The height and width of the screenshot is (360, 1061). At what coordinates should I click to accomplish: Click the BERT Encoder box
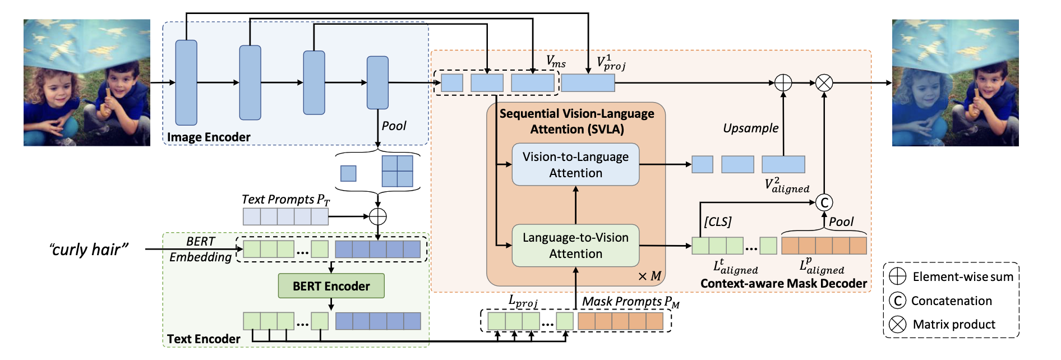(x=331, y=286)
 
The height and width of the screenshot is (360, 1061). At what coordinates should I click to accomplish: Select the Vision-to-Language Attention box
(x=575, y=165)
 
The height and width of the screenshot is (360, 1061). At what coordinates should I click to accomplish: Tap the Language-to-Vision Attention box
(x=575, y=246)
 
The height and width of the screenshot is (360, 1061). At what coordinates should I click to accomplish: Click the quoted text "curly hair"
(x=89, y=250)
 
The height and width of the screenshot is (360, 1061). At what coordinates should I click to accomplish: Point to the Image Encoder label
(x=209, y=137)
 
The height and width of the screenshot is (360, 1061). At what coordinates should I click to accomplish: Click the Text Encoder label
(x=204, y=339)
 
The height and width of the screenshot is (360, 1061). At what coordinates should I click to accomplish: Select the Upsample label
(x=750, y=128)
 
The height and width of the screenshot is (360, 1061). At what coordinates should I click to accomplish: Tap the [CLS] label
(x=718, y=221)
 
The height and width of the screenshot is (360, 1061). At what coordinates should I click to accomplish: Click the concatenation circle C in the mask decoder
(x=824, y=202)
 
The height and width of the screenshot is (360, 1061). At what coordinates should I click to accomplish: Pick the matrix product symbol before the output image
(x=824, y=83)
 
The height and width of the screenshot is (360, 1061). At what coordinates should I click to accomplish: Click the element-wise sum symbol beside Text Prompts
(x=378, y=216)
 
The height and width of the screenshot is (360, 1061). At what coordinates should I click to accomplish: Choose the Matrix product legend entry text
(x=954, y=324)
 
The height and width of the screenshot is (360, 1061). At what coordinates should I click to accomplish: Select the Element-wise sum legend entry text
(x=963, y=277)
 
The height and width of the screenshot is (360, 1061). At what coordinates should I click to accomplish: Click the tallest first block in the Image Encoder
(x=186, y=82)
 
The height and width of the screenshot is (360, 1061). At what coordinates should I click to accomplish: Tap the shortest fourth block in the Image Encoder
(x=377, y=82)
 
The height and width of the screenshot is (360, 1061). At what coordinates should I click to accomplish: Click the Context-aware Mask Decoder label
(x=783, y=284)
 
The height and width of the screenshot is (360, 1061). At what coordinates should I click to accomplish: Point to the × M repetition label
(x=649, y=276)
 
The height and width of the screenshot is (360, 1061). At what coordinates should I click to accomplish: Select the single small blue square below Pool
(x=348, y=173)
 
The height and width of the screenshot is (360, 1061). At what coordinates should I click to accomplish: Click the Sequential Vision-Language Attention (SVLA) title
(x=576, y=121)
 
